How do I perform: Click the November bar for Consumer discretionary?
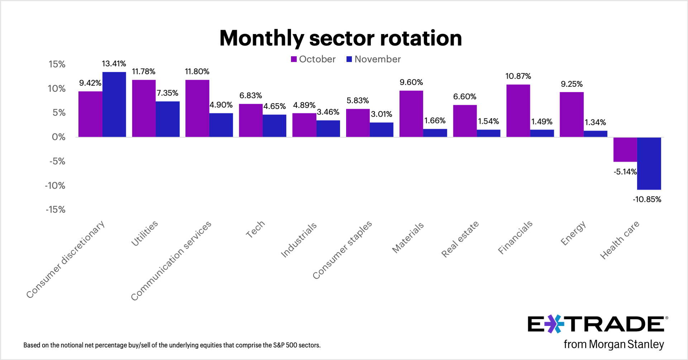tap(114, 104)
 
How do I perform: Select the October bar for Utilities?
tap(144, 108)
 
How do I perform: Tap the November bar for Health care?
tap(649, 163)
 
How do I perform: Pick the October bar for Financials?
tap(518, 110)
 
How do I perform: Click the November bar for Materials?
tap(435, 133)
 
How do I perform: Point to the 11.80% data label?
tap(197, 71)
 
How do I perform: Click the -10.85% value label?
tap(647, 199)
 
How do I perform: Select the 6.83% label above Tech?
tap(250, 95)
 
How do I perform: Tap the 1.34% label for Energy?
tap(595, 122)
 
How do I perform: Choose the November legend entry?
tap(373, 59)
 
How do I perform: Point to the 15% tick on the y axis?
tap(57, 64)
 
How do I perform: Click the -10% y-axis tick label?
tap(55, 185)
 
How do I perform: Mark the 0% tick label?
tap(59, 137)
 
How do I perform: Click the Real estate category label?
tap(460, 239)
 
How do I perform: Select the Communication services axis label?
tap(171, 261)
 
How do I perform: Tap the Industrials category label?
tap(298, 240)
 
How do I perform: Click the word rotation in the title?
tap(421, 38)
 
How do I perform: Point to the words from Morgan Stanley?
tap(613, 344)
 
